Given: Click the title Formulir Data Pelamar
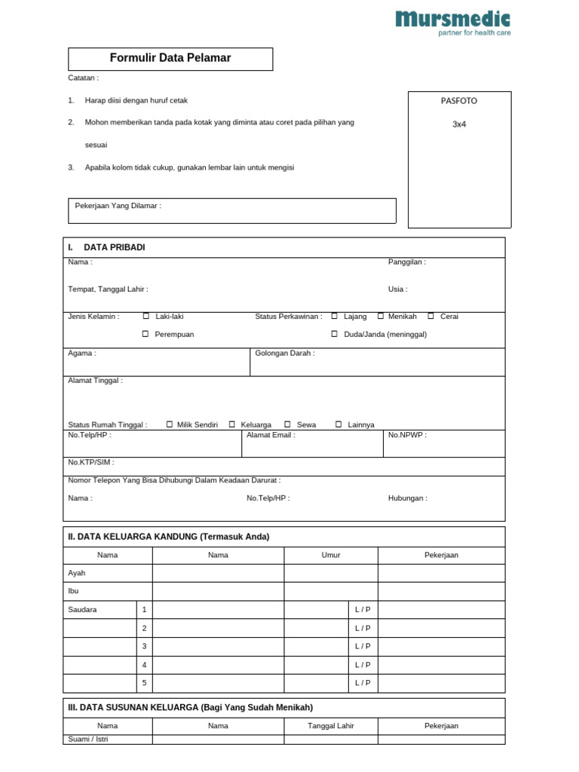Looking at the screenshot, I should pyautogui.click(x=170, y=58).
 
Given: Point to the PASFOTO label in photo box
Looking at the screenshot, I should pyautogui.click(x=459, y=100).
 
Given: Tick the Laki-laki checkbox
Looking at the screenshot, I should pyautogui.click(x=146, y=317).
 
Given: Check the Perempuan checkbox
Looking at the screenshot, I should pyautogui.click(x=146, y=334).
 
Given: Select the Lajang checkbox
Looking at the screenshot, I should pyautogui.click(x=334, y=317).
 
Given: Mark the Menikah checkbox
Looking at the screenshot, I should pyautogui.click(x=381, y=317).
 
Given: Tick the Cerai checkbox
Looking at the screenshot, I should pyautogui.click(x=430, y=317).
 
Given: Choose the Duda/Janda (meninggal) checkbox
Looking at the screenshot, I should pyautogui.click(x=334, y=334).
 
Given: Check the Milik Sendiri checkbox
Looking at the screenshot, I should pyautogui.click(x=170, y=424).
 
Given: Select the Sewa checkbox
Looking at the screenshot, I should pyautogui.click(x=287, y=424).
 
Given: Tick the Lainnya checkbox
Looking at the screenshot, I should pyautogui.click(x=339, y=424).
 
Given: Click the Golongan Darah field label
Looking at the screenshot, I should pyautogui.click(x=285, y=353).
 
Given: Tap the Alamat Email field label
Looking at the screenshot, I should pyautogui.click(x=271, y=435).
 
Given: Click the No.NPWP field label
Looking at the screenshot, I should pyautogui.click(x=407, y=435).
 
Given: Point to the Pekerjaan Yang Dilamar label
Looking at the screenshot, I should pyautogui.click(x=118, y=205).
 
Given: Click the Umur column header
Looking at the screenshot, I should pyautogui.click(x=331, y=555).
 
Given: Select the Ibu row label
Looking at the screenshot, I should pyautogui.click(x=73, y=591).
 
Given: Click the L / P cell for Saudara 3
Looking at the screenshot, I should pyautogui.click(x=363, y=646).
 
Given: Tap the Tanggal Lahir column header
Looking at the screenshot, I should pyautogui.click(x=331, y=726).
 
